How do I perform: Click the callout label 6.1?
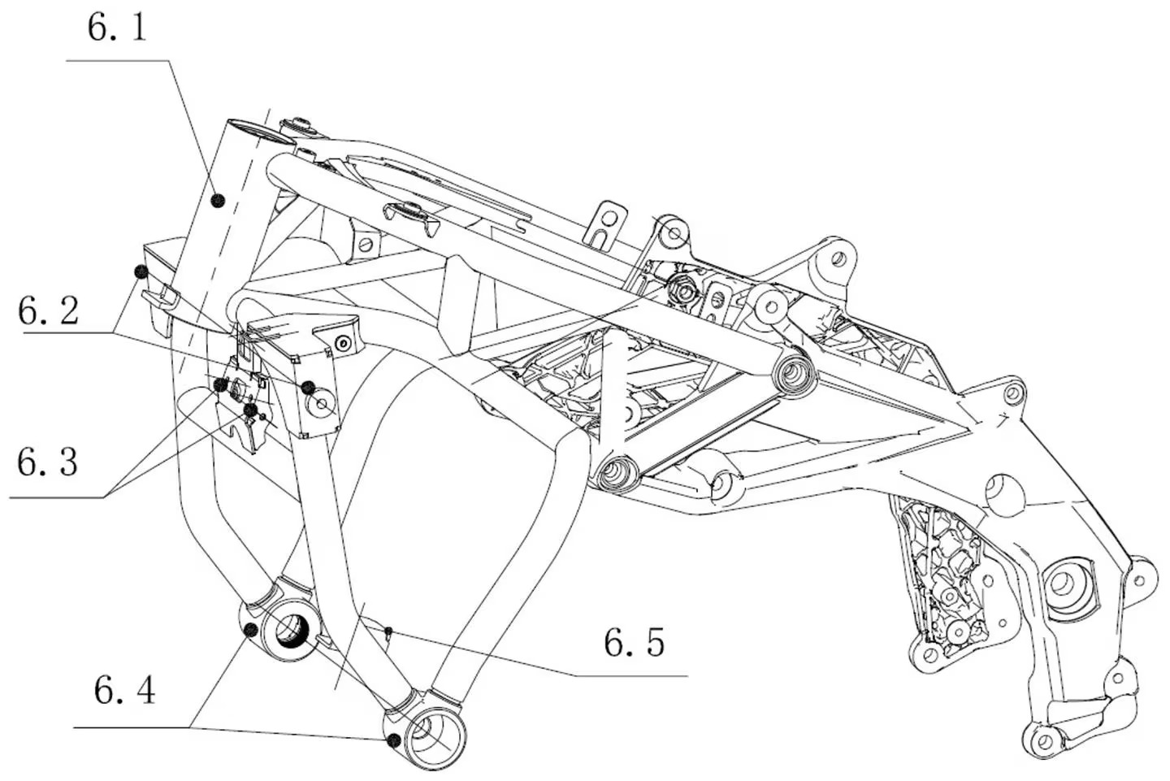tap(117, 28)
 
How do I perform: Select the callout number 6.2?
tap(49, 310)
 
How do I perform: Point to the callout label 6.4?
tap(124, 691)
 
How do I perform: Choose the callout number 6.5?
tap(634, 642)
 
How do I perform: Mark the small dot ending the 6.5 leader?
tap(390, 629)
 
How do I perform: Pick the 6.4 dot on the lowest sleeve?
tap(394, 739)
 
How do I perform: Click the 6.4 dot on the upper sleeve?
tap(251, 630)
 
